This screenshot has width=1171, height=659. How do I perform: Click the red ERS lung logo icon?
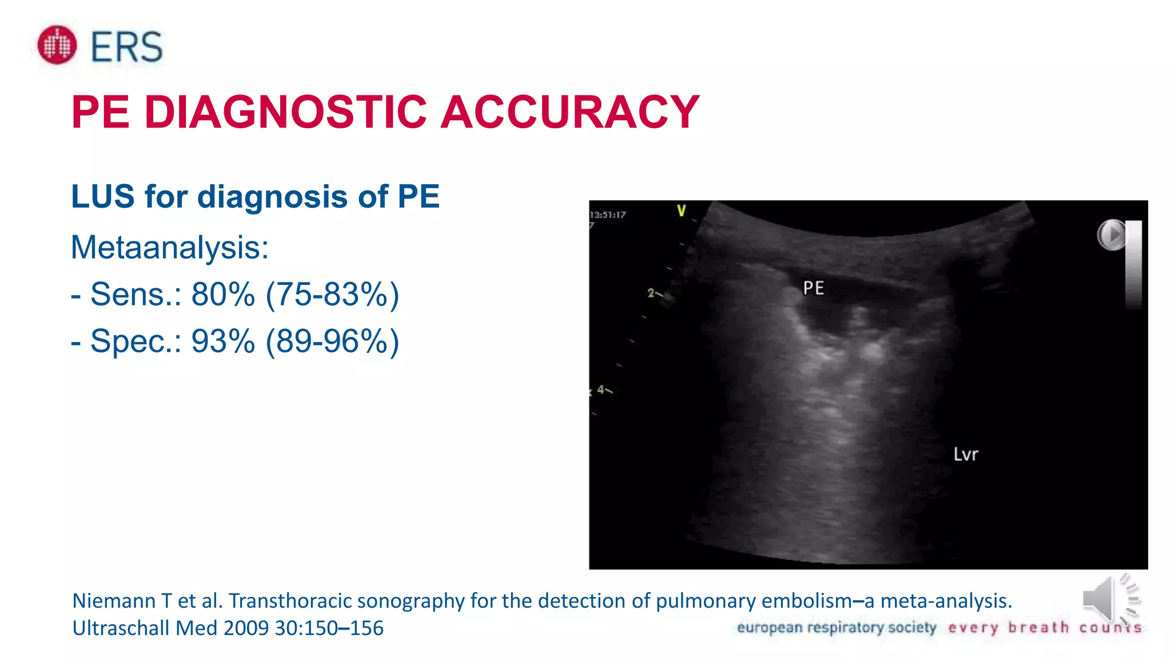(57, 45)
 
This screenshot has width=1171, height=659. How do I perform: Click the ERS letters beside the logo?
(127, 47)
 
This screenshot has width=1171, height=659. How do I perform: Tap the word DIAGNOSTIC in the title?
(286, 112)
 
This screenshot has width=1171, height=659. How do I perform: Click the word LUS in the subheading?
(103, 197)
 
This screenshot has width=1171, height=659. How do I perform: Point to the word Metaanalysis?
(169, 248)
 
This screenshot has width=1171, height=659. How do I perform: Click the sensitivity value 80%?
(223, 295)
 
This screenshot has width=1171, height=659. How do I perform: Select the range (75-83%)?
(332, 295)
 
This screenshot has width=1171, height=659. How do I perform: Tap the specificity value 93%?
(223, 342)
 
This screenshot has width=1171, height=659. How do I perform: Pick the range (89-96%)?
(332, 342)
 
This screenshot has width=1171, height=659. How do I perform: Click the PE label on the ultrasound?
(813, 288)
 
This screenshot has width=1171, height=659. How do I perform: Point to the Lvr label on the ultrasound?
(966, 454)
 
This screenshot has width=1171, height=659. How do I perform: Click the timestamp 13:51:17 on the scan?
(608, 215)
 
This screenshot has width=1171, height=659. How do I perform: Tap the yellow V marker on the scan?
(681, 211)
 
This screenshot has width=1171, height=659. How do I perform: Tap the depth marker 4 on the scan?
(601, 390)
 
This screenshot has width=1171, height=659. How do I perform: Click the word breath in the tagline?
(1038, 628)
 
